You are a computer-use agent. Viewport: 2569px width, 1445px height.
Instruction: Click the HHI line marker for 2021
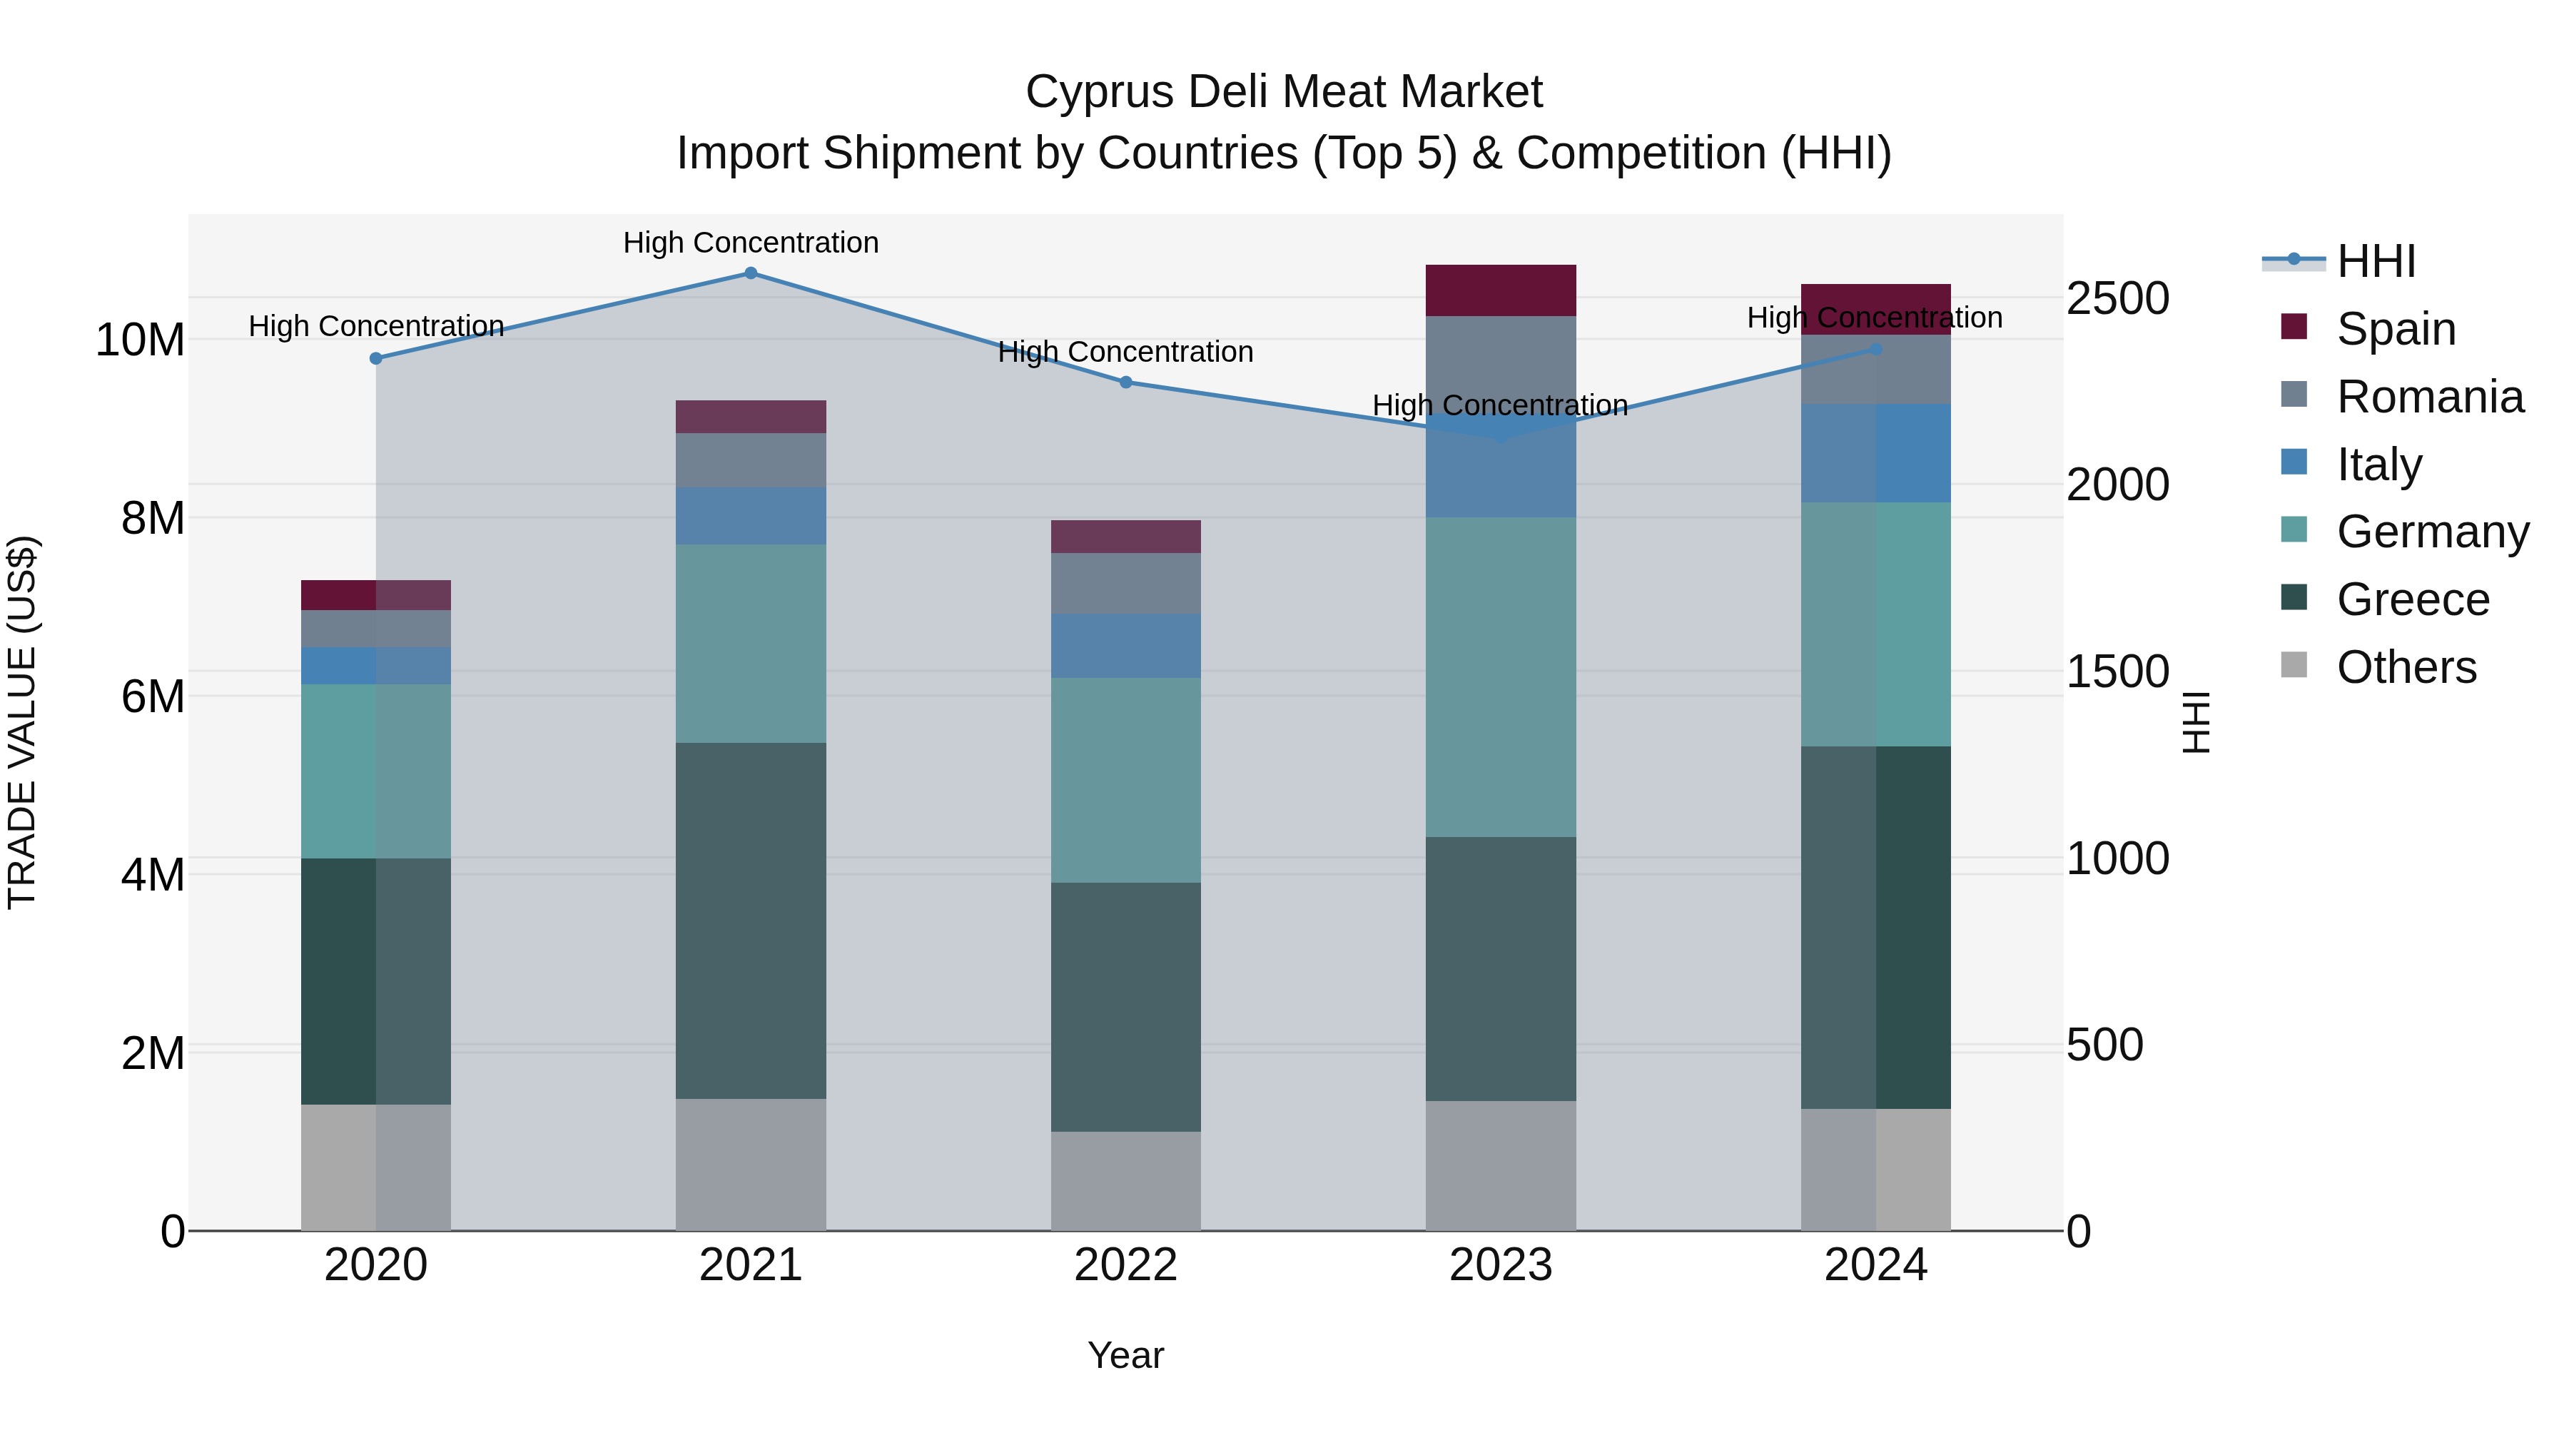(x=751, y=273)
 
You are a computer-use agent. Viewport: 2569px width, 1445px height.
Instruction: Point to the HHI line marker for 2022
(x=1126, y=382)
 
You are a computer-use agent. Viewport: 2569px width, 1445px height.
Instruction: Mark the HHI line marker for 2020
(x=376, y=359)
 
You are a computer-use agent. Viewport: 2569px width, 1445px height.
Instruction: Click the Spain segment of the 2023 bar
(x=1500, y=290)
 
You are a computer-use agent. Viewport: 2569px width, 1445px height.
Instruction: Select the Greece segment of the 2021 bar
(x=751, y=921)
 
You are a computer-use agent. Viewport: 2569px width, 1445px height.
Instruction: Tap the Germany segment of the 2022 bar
(x=1126, y=780)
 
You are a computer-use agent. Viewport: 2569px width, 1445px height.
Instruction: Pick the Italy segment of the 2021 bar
(x=751, y=516)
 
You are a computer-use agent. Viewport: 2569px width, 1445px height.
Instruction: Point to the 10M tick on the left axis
(x=140, y=340)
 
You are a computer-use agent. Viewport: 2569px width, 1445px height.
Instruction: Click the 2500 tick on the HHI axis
(x=2117, y=298)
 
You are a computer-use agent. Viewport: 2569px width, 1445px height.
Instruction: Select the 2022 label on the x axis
(x=1126, y=1265)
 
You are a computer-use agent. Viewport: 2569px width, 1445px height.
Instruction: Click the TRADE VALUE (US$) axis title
(x=22, y=722)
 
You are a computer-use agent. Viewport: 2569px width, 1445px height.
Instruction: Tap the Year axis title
(x=1126, y=1355)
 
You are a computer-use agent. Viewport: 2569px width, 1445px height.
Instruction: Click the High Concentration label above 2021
(x=751, y=243)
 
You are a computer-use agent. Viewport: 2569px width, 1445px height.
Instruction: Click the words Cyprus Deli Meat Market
(x=1284, y=92)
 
